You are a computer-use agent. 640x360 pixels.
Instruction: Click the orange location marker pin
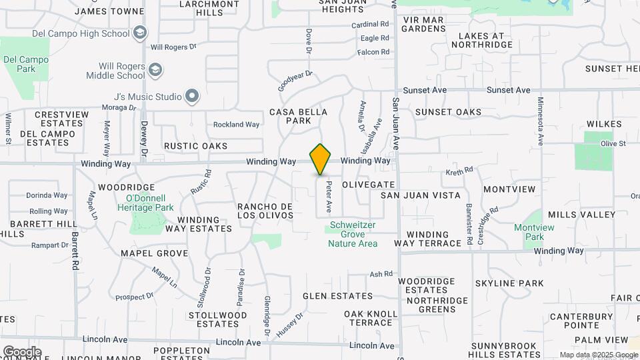coord(321,159)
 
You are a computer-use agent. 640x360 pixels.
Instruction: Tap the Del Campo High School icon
coord(140,33)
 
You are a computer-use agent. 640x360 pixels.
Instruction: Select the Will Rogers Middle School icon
coord(155,70)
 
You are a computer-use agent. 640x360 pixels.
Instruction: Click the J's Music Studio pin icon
coord(192,97)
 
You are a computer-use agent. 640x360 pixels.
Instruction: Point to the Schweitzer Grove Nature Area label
coord(353,234)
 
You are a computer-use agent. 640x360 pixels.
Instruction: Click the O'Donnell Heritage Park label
coord(150,203)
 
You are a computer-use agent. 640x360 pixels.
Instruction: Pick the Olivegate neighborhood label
coord(369,184)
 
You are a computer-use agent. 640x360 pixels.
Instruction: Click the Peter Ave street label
coord(329,199)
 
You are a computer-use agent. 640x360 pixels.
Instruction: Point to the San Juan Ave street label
coord(395,123)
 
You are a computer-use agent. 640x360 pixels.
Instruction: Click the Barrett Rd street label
coord(75,246)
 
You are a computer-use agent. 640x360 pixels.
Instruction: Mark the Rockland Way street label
coord(236,125)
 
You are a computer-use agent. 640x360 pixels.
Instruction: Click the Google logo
coord(22,351)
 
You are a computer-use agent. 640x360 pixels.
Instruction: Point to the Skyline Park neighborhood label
coord(510,283)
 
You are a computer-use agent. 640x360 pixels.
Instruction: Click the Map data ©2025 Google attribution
coord(598,355)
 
